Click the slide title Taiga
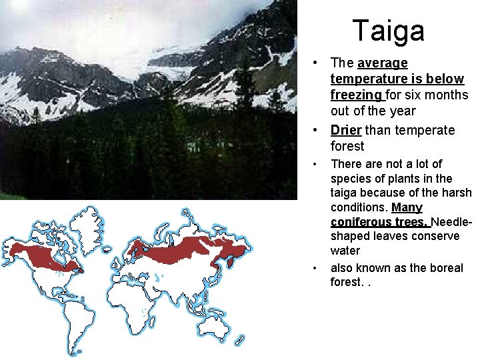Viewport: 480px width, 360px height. click(x=388, y=31)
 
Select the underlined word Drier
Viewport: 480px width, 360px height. click(x=345, y=130)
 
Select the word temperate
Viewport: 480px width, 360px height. click(x=427, y=130)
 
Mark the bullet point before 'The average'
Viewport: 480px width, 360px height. click(x=320, y=64)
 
